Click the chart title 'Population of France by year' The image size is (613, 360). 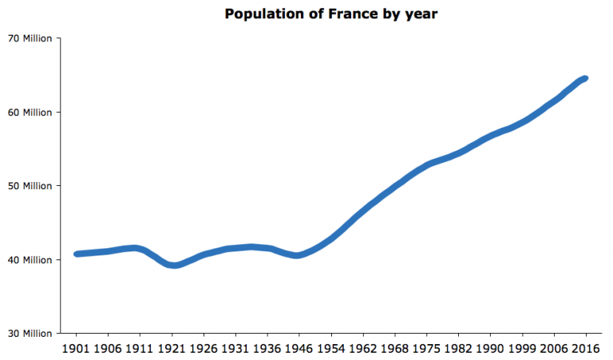pyautogui.click(x=330, y=14)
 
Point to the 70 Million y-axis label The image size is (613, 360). pyautogui.click(x=30, y=38)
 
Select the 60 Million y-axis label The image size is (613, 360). pyautogui.click(x=30, y=112)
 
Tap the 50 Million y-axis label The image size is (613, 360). pyautogui.click(x=30, y=186)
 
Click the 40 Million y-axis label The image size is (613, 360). pyautogui.click(x=30, y=259)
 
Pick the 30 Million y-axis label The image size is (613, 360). pyautogui.click(x=30, y=333)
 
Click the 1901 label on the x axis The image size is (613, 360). pyautogui.click(x=77, y=349)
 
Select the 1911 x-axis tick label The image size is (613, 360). pyautogui.click(x=140, y=349)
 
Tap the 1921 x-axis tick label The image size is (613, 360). pyautogui.click(x=172, y=349)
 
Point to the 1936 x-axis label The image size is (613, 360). pyautogui.click(x=268, y=349)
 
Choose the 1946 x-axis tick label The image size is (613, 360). pyautogui.click(x=299, y=349)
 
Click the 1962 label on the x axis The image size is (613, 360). pyautogui.click(x=363, y=349)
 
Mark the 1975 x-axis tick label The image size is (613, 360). pyautogui.click(x=427, y=349)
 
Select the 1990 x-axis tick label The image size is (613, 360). pyautogui.click(x=491, y=349)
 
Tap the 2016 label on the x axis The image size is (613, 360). pyautogui.click(x=586, y=349)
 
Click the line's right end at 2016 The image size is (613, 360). pyautogui.click(x=586, y=78)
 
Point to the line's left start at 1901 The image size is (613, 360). pyautogui.click(x=77, y=254)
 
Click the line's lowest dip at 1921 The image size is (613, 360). pyautogui.click(x=173, y=265)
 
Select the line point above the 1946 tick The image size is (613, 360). pyautogui.click(x=299, y=255)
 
